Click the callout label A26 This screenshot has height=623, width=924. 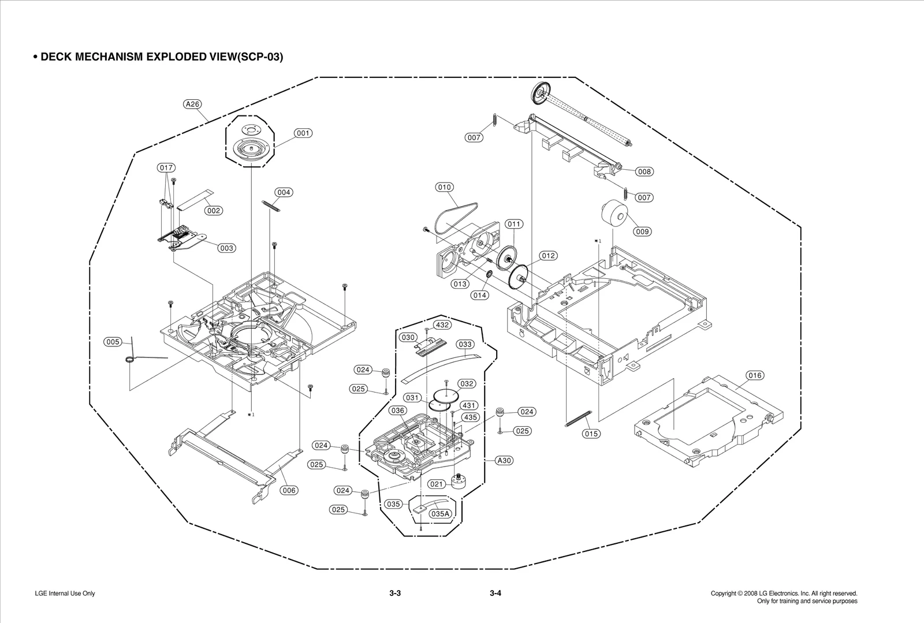tap(192, 105)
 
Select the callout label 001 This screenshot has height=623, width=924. tap(303, 133)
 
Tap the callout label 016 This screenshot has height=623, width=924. tap(755, 376)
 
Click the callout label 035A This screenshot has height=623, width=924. tap(441, 513)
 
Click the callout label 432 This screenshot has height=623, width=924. tap(442, 325)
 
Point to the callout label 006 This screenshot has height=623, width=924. tap(289, 490)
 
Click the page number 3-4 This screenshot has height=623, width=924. tap(495, 594)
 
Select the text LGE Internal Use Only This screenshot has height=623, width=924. tap(65, 594)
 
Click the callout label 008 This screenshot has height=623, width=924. tap(644, 171)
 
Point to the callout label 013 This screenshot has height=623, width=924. tap(460, 284)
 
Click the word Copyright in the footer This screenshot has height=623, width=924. tap(723, 594)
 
